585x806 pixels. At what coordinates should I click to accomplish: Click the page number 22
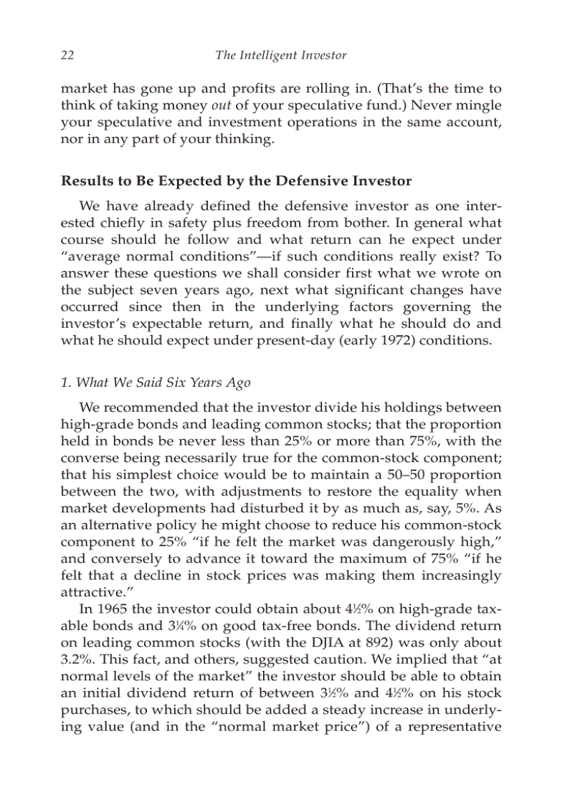(68, 55)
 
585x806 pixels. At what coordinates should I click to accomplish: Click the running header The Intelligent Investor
(280, 55)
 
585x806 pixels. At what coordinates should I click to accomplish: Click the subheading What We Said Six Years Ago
(156, 383)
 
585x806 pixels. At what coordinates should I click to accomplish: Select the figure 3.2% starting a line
(75, 659)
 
